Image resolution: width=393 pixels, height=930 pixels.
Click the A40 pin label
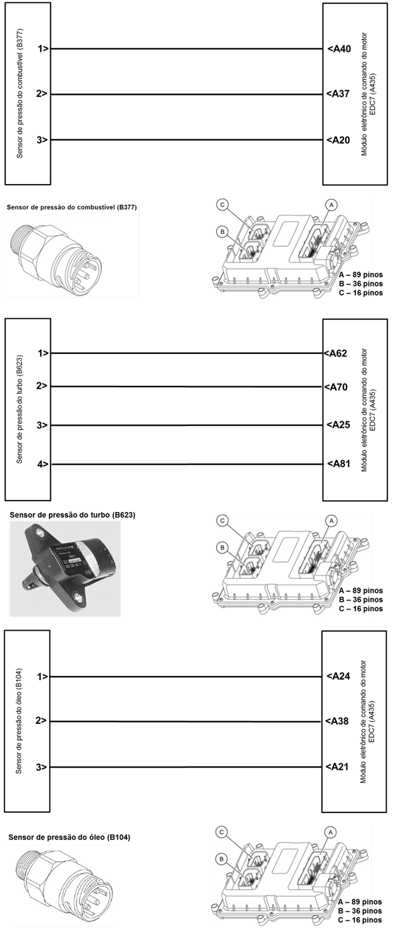coord(340,49)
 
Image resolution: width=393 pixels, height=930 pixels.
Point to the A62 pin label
coord(336,353)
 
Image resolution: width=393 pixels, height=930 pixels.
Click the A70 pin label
coord(336,387)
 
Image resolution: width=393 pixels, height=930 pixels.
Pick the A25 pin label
coord(338,425)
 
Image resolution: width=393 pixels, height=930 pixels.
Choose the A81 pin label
coord(338,464)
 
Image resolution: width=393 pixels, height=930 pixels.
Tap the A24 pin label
coord(338,676)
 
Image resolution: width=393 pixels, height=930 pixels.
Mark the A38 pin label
coord(337,721)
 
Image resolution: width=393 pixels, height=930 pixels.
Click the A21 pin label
coord(337,767)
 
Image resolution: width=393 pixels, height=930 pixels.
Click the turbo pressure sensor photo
coord(65,569)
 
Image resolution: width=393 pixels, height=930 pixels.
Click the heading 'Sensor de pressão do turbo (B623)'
coord(72,515)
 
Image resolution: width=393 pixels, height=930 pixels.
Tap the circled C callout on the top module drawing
coord(223,205)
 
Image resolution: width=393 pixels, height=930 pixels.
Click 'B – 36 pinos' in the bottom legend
coord(360,911)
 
